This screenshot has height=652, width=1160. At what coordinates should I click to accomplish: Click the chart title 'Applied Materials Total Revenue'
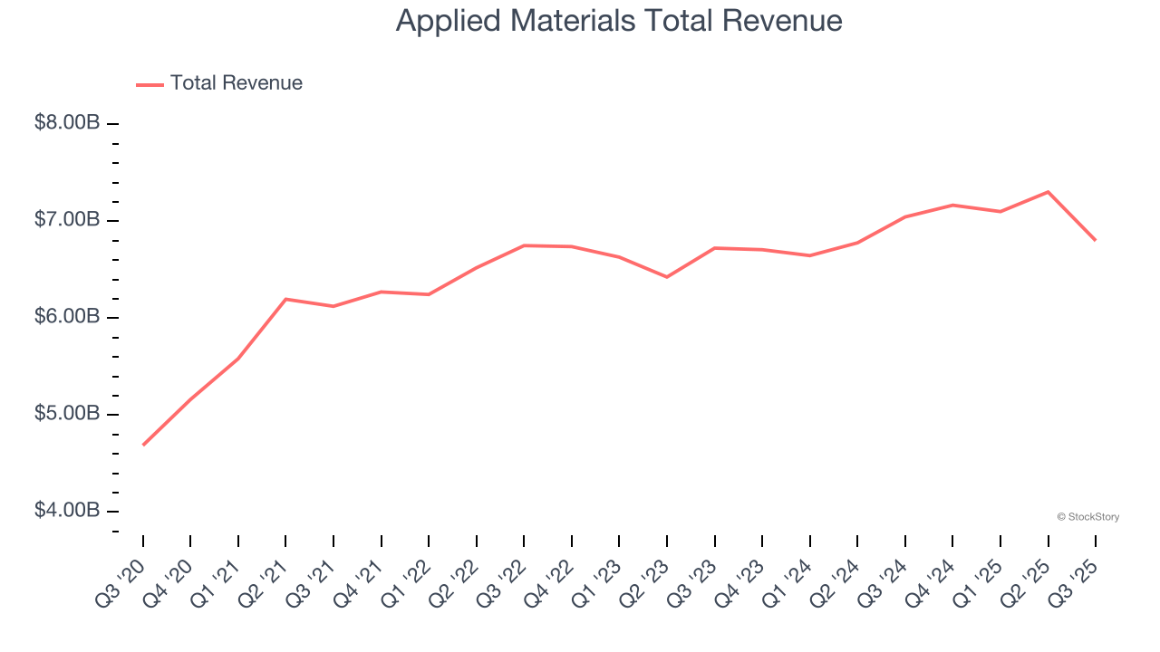[619, 21]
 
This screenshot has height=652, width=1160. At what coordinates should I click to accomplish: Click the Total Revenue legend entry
[219, 83]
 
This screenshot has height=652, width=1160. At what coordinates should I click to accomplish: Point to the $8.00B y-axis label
[66, 123]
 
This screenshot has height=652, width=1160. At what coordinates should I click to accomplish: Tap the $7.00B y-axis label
[66, 220]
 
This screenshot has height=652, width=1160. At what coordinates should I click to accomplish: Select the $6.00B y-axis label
[66, 317]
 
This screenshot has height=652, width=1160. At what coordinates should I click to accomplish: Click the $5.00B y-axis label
[66, 414]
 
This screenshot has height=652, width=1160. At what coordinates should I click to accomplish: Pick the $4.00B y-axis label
[66, 511]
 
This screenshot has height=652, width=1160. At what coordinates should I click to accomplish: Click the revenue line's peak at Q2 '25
[1048, 192]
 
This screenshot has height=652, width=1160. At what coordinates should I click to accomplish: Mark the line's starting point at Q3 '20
[143, 445]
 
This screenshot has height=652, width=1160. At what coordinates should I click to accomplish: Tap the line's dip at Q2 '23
[667, 277]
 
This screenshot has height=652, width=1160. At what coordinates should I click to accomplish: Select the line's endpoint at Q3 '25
[1096, 240]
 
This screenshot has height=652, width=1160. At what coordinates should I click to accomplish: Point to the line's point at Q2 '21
[285, 299]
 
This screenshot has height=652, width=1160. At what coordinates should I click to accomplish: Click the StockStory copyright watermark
[1087, 517]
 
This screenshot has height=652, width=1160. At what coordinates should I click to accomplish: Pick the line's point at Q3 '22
[524, 245]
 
